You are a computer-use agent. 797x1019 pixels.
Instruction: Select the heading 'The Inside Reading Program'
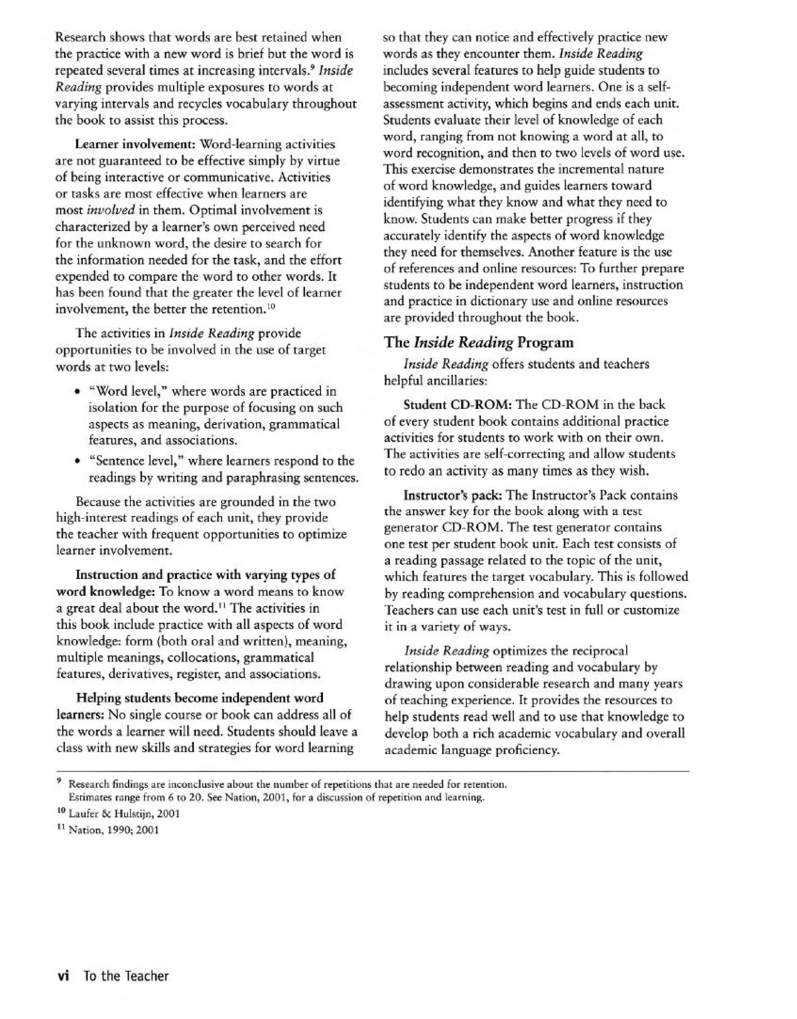point(479,343)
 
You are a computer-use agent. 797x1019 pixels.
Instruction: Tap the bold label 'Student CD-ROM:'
point(458,404)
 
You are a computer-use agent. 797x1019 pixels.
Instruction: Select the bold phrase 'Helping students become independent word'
point(199,699)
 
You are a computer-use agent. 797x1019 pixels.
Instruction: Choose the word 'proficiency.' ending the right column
point(530,750)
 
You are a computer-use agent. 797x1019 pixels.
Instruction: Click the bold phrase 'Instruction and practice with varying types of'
point(205,575)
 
